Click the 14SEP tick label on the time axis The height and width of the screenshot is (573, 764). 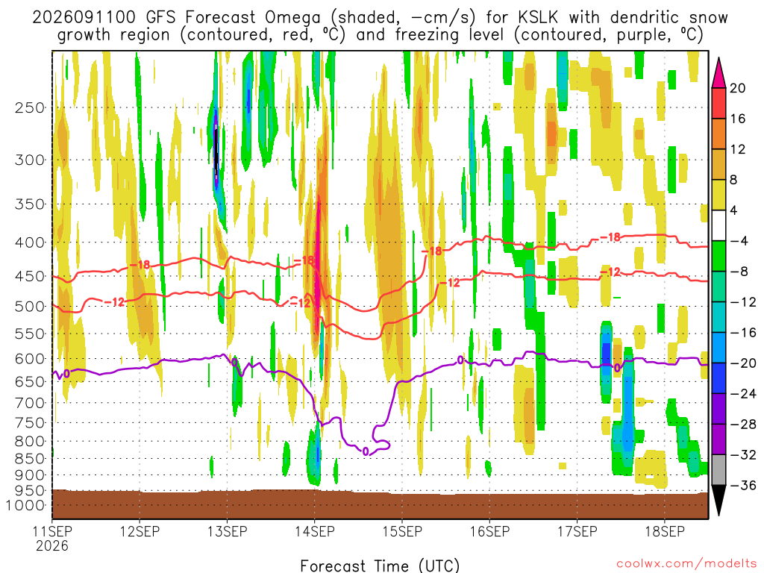pos(315,531)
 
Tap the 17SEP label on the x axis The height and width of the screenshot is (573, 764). pos(577,531)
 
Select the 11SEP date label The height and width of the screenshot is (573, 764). pos(52,531)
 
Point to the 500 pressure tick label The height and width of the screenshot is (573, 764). pos(30,307)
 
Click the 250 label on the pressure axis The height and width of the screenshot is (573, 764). pos(30,107)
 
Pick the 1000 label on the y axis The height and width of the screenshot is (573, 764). pos(25,505)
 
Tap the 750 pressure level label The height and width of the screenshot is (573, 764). pos(30,423)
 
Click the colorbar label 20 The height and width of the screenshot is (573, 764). pos(737,88)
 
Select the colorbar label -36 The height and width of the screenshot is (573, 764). pos(742,485)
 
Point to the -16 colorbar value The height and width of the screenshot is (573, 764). pos(742,333)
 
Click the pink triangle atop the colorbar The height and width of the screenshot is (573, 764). pos(718,73)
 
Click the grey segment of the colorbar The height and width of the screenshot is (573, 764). pos(718,470)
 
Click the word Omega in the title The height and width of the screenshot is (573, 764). pos(292,18)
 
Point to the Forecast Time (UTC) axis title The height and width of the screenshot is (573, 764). pos(380,566)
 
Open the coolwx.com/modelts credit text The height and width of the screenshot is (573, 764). pos(686,564)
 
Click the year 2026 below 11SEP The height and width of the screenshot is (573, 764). pos(52,545)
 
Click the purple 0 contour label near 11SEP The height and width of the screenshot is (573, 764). pos(66,374)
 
